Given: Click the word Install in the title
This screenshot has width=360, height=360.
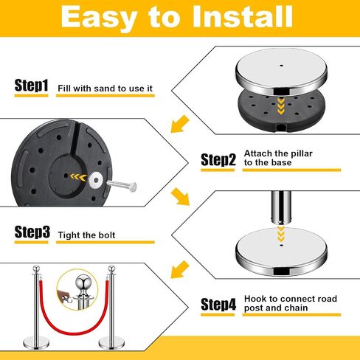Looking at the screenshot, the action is tap(243, 17).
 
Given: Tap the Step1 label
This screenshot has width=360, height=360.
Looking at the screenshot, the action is tap(31, 86).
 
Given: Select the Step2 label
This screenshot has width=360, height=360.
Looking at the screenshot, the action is tap(218, 159).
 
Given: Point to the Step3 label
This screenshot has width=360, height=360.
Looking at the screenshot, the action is tap(32, 232).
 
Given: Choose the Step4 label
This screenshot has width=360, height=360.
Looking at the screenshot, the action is tap(218, 305).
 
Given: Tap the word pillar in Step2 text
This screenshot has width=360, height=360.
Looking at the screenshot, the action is tap(302, 153).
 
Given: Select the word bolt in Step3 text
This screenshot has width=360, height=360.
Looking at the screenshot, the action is tap(106, 235).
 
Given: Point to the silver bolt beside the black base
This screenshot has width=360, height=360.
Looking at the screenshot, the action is tap(122, 186).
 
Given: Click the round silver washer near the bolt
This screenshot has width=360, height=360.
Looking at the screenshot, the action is tap(96, 180).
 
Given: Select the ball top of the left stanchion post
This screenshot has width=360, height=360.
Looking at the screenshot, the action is tap(36, 269).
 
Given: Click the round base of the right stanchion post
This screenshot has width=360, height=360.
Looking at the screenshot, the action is tap(111, 342).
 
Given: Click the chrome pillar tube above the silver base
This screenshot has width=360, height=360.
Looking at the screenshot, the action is tap(281, 207).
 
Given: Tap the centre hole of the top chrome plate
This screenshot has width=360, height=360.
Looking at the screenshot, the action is tap(281, 66).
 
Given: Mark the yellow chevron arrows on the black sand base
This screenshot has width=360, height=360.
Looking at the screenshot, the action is tap(281, 106).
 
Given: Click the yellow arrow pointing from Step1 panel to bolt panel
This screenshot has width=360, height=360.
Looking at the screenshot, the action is tap(180, 124).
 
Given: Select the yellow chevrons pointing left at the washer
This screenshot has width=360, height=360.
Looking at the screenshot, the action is tap(78, 176).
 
